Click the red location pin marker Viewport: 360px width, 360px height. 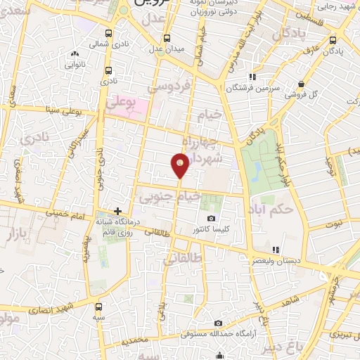(180, 166)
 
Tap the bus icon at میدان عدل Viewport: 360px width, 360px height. (167, 39)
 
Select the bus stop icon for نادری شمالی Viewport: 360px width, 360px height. (108, 33)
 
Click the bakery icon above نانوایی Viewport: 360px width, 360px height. (75, 53)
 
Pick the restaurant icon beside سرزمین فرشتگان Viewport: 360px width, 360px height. (252, 77)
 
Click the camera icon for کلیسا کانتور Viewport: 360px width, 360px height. (212, 219)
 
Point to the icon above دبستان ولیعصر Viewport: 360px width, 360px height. (276, 250)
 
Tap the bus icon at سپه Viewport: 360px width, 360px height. (98, 307)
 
